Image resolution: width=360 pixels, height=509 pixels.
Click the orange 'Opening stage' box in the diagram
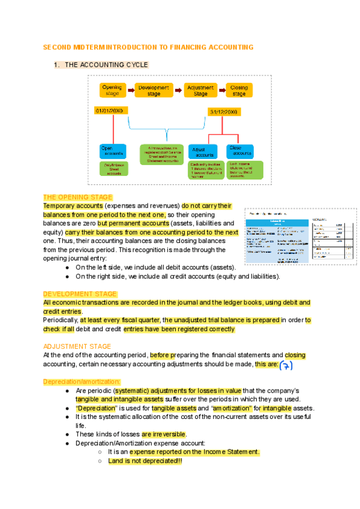(x=112, y=91)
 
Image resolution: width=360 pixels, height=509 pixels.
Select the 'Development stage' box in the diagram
(x=154, y=91)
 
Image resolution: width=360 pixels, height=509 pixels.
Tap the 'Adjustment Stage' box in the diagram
(x=200, y=91)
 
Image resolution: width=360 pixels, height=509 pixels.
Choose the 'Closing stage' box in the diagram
(x=239, y=91)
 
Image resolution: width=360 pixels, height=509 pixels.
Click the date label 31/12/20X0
(x=224, y=112)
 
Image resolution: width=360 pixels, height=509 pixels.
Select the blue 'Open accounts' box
(x=113, y=151)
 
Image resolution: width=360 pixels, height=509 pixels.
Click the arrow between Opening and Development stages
(x=130, y=90)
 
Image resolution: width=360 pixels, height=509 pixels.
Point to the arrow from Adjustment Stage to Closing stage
(x=221, y=90)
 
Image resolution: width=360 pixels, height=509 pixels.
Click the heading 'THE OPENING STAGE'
(x=77, y=197)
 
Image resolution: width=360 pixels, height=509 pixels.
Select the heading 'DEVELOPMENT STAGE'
(x=80, y=294)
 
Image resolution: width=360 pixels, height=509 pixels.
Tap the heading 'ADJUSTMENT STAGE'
(x=77, y=346)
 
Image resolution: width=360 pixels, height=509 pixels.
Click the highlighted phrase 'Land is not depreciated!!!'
(x=145, y=461)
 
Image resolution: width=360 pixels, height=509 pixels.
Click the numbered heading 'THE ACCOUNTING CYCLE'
(x=106, y=65)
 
